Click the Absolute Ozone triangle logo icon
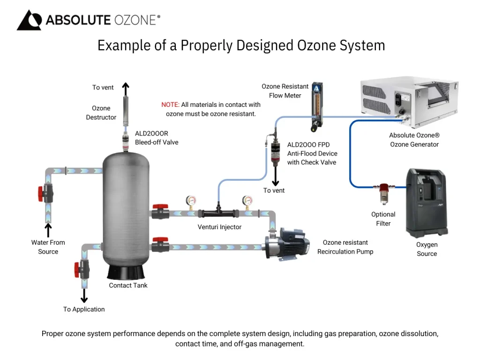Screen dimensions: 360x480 (x=29, y=20)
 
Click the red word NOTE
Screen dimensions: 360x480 (x=170, y=105)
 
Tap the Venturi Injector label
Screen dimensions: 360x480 (x=219, y=227)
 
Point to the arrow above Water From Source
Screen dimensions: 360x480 (x=48, y=230)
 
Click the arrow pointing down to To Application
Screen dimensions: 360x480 (x=84, y=295)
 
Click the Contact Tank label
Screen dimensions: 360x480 (x=128, y=285)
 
